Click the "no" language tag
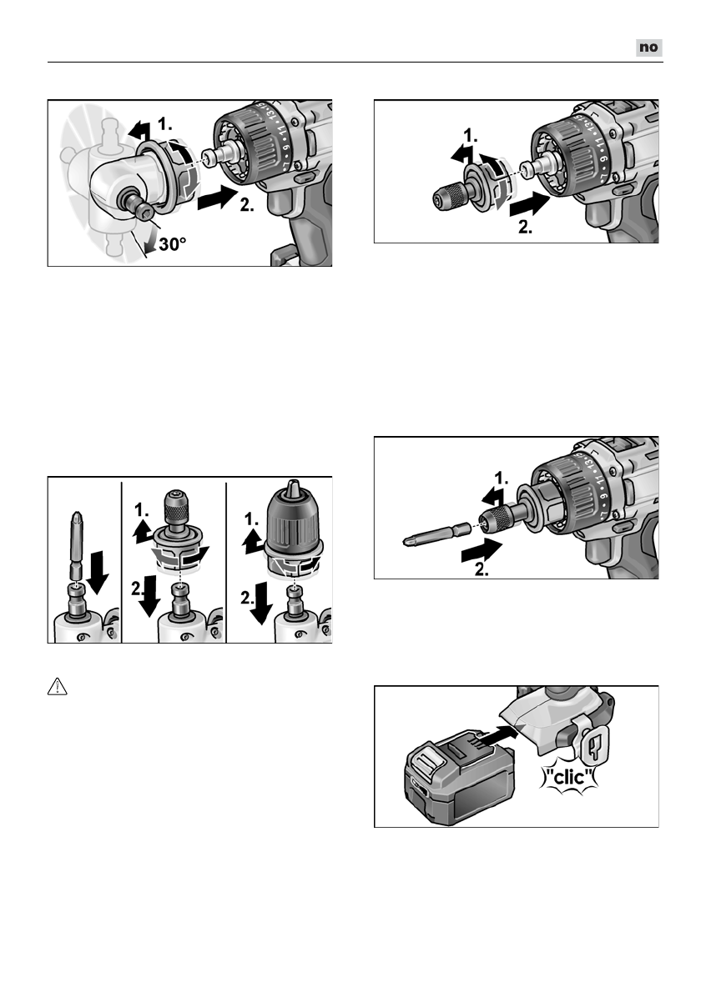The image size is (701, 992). [x=648, y=48]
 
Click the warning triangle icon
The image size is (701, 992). [x=56, y=686]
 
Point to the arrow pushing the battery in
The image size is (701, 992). [x=498, y=734]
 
